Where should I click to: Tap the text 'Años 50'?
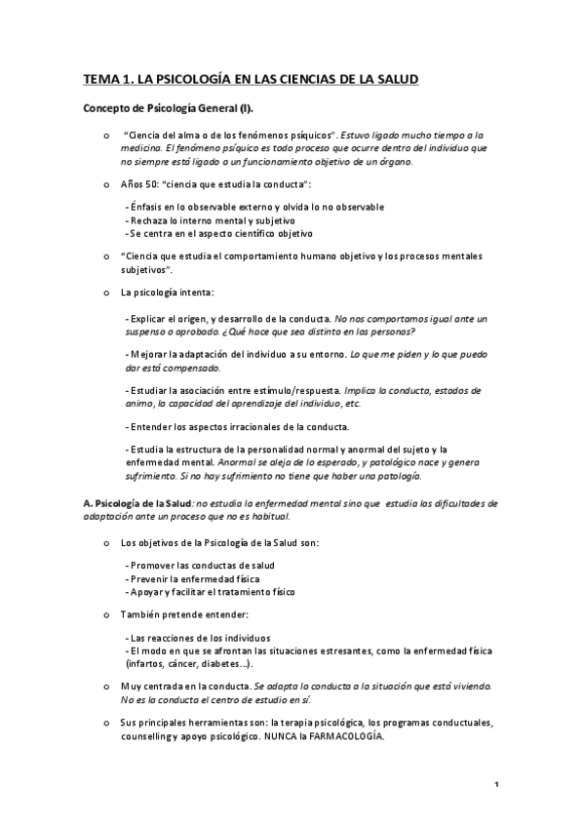point(140,183)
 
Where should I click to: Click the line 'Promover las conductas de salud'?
point(201,566)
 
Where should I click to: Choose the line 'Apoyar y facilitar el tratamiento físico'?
point(211,591)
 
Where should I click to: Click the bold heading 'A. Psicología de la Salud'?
point(137,503)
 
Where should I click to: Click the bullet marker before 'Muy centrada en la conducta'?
point(105,688)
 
